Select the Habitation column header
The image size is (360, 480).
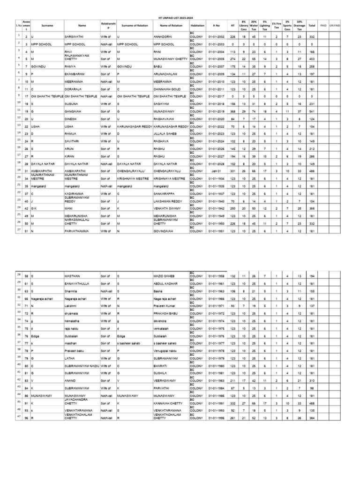[x=196, y=25]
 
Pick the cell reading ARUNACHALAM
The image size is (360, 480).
[x=167, y=74]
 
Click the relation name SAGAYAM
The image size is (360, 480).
[x=161, y=104]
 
